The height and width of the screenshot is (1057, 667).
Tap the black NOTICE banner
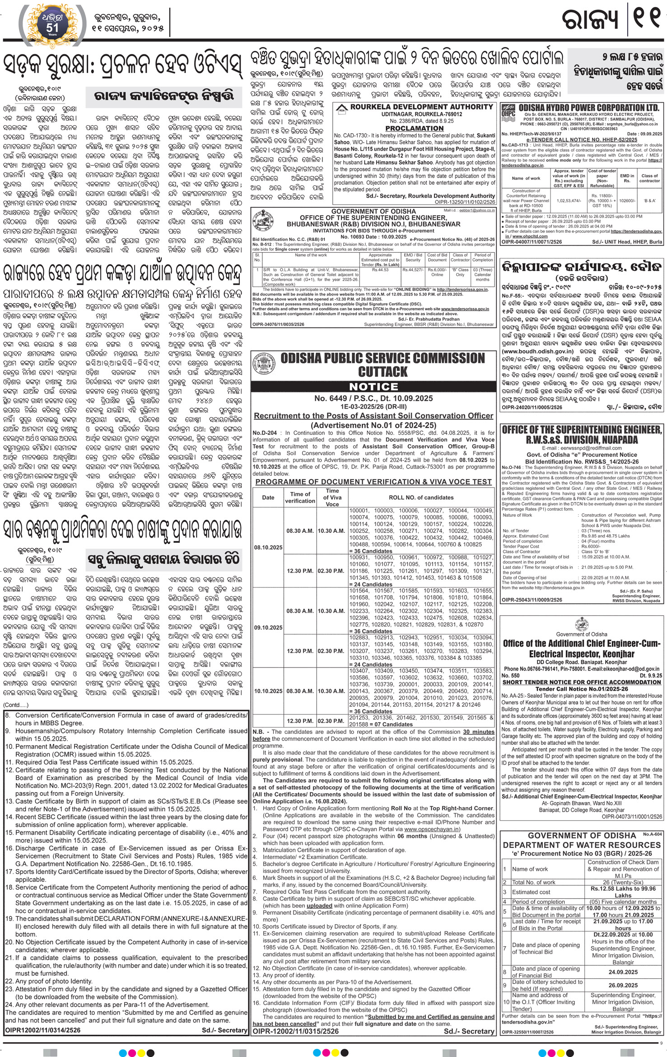pyautogui.click(x=373, y=387)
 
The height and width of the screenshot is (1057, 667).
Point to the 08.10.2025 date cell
pyautogui.click(x=268, y=547)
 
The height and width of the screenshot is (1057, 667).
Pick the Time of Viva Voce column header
pyautogui.click(x=332, y=497)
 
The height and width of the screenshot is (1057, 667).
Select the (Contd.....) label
pyautogui.click(x=16, y=705)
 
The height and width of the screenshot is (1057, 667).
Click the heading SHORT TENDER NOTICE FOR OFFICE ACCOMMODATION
pyautogui.click(x=581, y=682)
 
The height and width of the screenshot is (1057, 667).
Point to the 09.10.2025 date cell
pyautogui.click(x=268, y=628)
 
